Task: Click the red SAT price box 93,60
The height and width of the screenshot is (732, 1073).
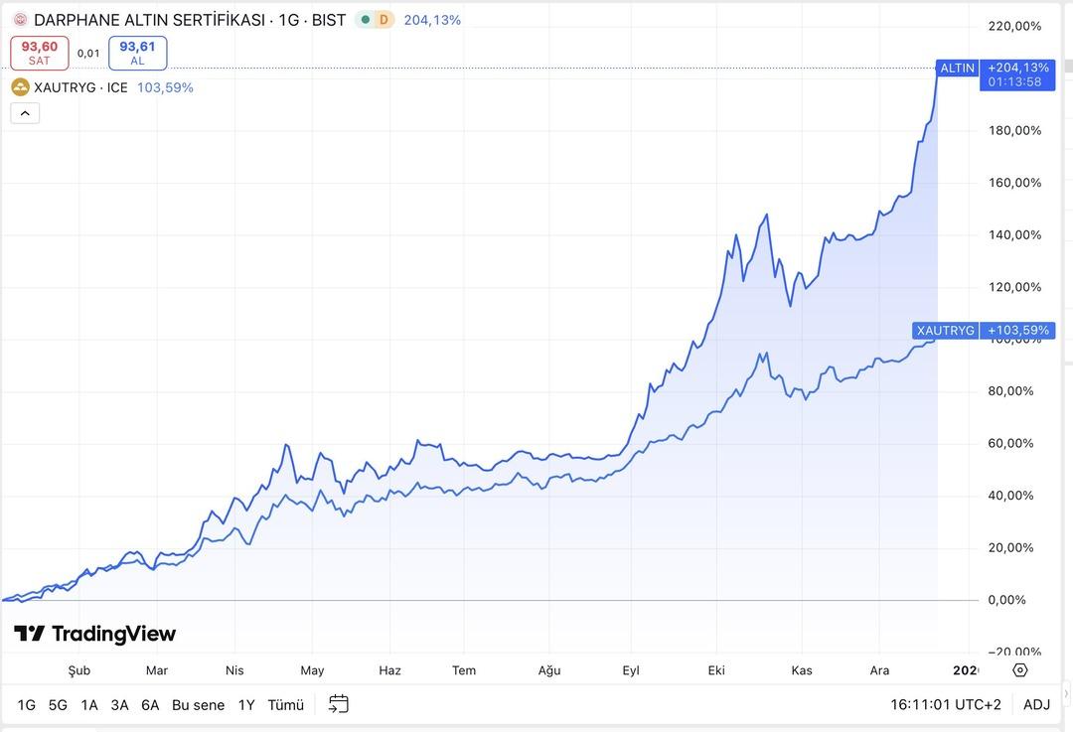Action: coord(40,53)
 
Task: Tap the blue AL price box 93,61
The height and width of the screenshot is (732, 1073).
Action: coord(137,53)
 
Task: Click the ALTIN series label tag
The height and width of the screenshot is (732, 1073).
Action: coord(958,69)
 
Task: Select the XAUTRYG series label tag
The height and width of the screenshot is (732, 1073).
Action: coord(945,330)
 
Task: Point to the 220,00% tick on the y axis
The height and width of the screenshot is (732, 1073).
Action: coord(1015,26)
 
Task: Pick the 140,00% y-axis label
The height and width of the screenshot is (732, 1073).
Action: coord(1015,235)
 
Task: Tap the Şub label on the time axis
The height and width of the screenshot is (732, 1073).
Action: coord(78,670)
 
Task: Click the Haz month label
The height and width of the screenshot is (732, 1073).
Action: coord(389,670)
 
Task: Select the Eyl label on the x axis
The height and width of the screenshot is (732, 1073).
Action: coord(631,670)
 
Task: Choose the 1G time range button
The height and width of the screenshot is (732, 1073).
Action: coord(26,705)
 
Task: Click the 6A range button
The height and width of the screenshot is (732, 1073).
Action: coord(150,705)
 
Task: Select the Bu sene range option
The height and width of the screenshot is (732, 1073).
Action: coord(198,705)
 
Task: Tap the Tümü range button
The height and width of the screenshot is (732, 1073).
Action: coord(285,705)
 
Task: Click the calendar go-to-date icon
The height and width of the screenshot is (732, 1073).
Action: coord(339,704)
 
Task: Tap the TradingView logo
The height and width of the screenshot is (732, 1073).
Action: coord(94,634)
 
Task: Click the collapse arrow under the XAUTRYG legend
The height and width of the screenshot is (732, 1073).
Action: coord(25,113)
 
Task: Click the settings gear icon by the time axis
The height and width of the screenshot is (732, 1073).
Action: coord(1020,670)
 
